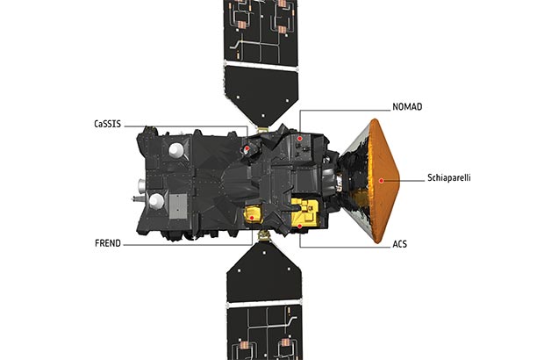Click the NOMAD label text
tap(407, 106)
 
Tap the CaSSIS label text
tap(108, 124)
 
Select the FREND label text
tap(108, 243)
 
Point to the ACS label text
tap(400, 244)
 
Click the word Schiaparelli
tap(449, 177)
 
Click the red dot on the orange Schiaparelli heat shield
tap(382, 181)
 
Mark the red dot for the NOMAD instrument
tap(299, 138)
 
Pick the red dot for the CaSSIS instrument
tap(247, 148)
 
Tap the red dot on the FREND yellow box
tap(252, 218)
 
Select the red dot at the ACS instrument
tap(300, 226)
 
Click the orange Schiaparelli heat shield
tap(383, 181)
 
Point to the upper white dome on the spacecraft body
tap(175, 150)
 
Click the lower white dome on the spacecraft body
tap(156, 201)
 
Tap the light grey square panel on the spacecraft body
tap(178, 206)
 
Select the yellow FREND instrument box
tap(254, 214)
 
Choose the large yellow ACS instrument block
tap(304, 212)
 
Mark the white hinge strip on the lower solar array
tap(264, 304)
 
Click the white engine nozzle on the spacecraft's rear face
tap(141, 186)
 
